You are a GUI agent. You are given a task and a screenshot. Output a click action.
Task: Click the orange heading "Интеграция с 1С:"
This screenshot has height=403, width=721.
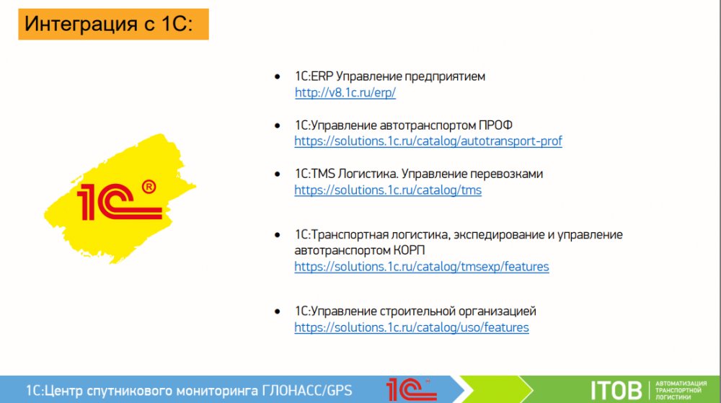click(113, 24)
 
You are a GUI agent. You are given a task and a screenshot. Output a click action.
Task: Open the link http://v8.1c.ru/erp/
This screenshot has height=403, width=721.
click(345, 92)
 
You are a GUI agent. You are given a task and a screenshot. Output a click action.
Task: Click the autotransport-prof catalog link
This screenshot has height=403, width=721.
click(428, 141)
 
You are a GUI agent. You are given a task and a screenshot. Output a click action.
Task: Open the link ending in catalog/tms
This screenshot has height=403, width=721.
click(388, 190)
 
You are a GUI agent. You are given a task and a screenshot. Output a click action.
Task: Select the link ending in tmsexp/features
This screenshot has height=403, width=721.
click(422, 267)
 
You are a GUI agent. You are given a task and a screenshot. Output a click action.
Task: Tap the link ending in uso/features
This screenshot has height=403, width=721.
click(412, 327)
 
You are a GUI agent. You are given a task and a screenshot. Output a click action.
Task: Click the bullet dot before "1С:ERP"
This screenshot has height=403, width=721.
click(278, 76)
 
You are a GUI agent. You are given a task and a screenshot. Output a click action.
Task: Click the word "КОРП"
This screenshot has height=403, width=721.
click(409, 250)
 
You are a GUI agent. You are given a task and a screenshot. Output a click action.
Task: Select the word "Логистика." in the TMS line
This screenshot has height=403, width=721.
click(368, 174)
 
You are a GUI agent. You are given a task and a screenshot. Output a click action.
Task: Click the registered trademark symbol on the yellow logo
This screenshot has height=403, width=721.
click(149, 187)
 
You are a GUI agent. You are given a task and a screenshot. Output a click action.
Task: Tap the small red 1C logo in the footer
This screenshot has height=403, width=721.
click(411, 389)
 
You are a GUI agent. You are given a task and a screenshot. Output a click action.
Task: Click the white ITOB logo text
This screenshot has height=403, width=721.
click(616, 391)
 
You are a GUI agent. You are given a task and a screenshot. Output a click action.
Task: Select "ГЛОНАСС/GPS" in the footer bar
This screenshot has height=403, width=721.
click(306, 391)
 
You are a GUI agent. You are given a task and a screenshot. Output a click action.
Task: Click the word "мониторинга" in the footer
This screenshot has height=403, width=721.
click(217, 391)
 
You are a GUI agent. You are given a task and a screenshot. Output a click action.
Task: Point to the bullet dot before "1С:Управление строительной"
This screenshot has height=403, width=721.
click(278, 311)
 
